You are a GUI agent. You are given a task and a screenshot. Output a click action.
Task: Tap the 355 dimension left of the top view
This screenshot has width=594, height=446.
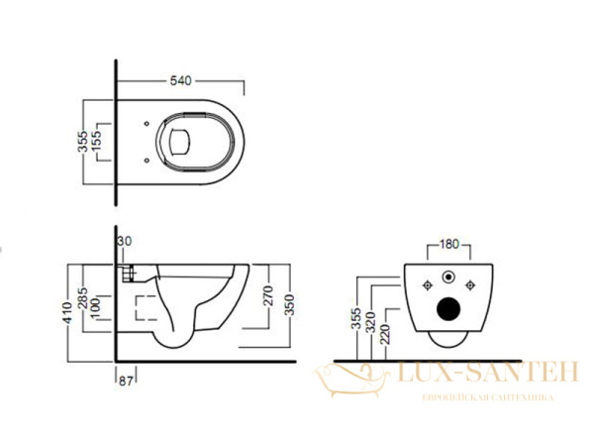point(84,138)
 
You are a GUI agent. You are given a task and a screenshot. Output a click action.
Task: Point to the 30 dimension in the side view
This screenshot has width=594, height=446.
point(124,242)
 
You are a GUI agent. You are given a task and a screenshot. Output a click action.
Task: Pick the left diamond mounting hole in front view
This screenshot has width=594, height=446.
point(427,287)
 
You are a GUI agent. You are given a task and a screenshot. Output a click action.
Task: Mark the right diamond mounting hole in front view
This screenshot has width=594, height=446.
point(470,287)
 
